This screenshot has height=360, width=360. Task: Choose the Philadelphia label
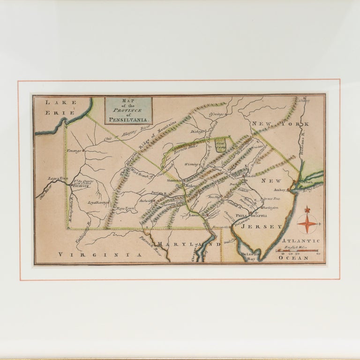(251, 216)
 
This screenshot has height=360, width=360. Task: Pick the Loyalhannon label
(98, 202)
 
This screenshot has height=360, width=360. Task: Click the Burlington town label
(270, 207)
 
